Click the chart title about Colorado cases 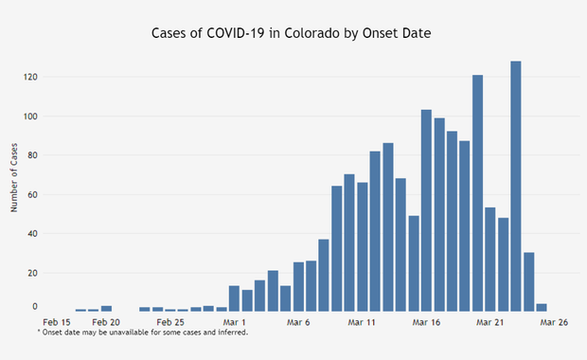(x=293, y=32)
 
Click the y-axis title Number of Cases (x=15, y=176)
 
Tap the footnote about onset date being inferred (x=142, y=333)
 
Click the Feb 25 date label (x=169, y=322)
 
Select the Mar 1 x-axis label (x=234, y=322)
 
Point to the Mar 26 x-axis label (x=554, y=322)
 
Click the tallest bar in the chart (x=516, y=186)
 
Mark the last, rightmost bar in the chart (x=542, y=307)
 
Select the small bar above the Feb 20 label (x=106, y=308)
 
